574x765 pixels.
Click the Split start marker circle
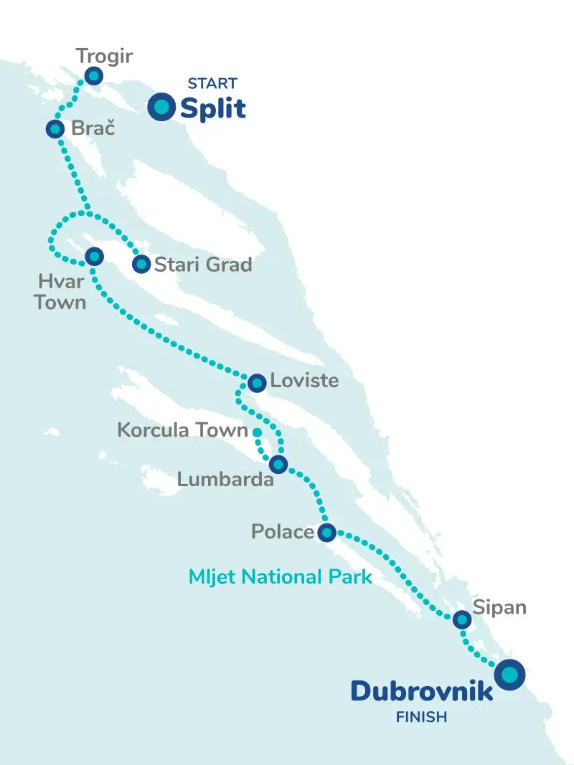[x=161, y=107]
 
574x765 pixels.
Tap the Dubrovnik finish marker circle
[x=509, y=675]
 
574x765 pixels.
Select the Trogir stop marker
[x=93, y=76]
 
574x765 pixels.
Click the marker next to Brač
[x=55, y=129]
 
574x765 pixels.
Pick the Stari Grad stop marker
[x=141, y=265]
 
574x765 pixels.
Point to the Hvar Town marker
[x=94, y=256]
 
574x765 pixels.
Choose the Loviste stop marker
[x=256, y=382]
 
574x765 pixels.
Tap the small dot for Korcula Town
[x=256, y=432]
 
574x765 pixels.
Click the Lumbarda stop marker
[x=278, y=465]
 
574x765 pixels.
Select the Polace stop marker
[x=326, y=532]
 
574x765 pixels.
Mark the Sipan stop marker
[x=462, y=619]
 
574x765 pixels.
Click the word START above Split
[x=212, y=83]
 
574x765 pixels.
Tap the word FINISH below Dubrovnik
[x=421, y=716]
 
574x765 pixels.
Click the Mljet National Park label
[x=280, y=576]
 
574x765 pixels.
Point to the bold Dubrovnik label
[x=421, y=691]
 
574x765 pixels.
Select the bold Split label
[x=213, y=109]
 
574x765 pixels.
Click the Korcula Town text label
[x=182, y=431]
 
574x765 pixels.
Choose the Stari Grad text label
[x=203, y=265]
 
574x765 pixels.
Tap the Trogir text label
[x=104, y=56]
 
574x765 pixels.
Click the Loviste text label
[x=304, y=380]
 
